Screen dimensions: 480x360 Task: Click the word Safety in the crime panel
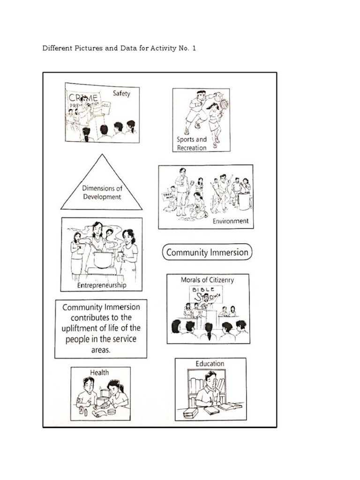coord(121,93)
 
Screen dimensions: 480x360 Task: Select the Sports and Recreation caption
coord(191,143)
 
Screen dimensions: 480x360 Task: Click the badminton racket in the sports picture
coord(224,103)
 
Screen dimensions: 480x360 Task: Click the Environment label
coord(231,221)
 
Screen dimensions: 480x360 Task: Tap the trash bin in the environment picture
coord(244,201)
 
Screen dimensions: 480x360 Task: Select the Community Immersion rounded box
coord(207,252)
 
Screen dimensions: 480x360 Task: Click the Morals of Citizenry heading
coord(207,280)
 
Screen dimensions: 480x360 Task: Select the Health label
coord(99,373)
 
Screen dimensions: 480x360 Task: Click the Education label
coord(210,363)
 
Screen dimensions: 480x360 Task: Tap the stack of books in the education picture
coord(190,413)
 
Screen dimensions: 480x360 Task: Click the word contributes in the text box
coord(89,318)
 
